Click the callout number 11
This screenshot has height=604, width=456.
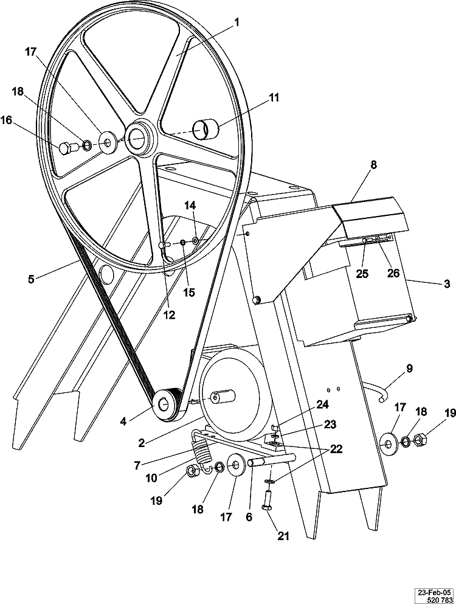274,97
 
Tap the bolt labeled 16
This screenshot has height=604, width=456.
66,147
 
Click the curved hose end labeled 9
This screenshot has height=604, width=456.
382,397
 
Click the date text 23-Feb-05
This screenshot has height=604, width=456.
434,591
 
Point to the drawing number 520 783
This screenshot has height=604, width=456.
434,598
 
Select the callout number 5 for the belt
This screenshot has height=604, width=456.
30,279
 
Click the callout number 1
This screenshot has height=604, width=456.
237,23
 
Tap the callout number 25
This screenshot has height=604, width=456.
362,274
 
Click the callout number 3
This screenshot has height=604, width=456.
446,283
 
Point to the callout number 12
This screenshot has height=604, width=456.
168,314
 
